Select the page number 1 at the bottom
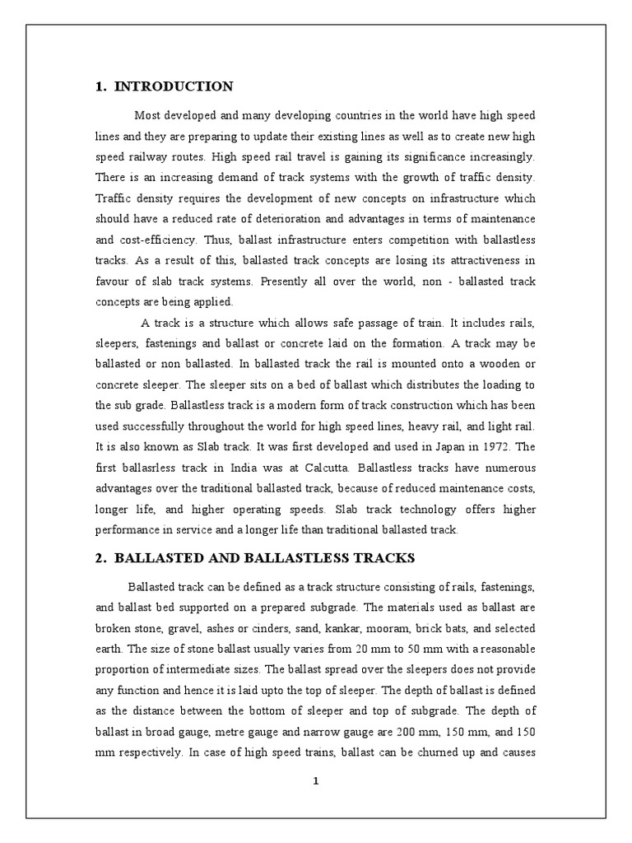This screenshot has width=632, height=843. (x=315, y=782)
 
